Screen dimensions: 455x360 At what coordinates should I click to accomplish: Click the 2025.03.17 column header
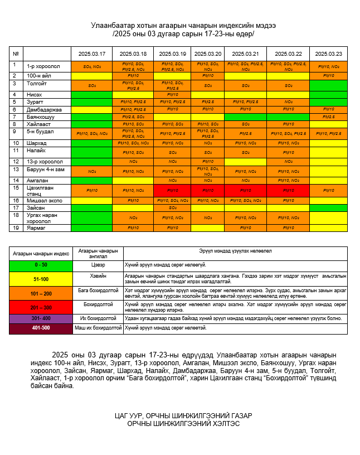pyautogui.click(x=91, y=54)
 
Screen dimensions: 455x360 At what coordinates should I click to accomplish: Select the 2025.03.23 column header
pyautogui.click(x=328, y=54)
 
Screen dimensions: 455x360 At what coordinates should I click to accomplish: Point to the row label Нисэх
pyautogui.click(x=34, y=94)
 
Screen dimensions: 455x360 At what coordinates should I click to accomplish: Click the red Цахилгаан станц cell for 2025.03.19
pyautogui.click(x=172, y=190)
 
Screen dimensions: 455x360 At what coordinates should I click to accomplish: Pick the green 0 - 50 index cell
pyautogui.click(x=41, y=265)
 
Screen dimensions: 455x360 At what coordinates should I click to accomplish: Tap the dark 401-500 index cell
pyautogui.click(x=41, y=328)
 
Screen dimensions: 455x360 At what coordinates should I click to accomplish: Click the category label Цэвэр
pyautogui.click(x=98, y=265)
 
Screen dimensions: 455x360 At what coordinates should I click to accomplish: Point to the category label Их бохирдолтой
pyautogui.click(x=98, y=318)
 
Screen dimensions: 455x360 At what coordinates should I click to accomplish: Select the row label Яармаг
pyautogui.click(x=36, y=227)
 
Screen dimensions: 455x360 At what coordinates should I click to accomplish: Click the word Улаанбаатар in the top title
pyautogui.click(x=110, y=26)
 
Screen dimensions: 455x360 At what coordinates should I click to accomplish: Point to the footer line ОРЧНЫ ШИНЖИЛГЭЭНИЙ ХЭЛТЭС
pyautogui.click(x=183, y=424)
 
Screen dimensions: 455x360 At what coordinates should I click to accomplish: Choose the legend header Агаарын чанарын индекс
pyautogui.click(x=41, y=253)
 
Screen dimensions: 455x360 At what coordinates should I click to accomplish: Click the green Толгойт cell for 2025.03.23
pyautogui.click(x=328, y=85)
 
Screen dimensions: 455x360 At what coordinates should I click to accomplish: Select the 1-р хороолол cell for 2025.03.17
pyautogui.click(x=91, y=66)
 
